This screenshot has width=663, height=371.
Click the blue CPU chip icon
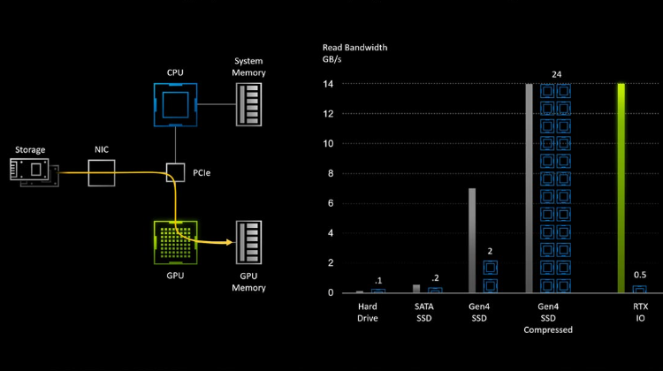click(x=176, y=105)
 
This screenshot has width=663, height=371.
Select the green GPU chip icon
click(x=176, y=243)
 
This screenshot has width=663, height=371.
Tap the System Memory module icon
click(x=248, y=104)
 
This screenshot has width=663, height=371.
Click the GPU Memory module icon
click(x=248, y=242)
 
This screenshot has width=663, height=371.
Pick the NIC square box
click(x=102, y=173)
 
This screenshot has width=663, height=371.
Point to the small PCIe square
click(x=175, y=172)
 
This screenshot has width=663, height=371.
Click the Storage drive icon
click(x=34, y=172)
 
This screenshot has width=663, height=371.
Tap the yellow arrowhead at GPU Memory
click(x=230, y=242)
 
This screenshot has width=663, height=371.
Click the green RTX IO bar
click(x=621, y=188)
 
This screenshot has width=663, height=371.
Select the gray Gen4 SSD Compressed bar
click(x=529, y=188)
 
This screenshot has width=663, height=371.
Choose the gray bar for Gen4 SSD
click(x=472, y=240)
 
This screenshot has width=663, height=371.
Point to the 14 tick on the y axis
click(x=328, y=84)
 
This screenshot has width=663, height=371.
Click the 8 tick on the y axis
click(x=331, y=173)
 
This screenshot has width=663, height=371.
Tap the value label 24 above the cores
click(x=556, y=74)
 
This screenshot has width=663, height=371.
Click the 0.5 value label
click(x=640, y=275)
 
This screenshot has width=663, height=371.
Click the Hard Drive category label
click(x=368, y=313)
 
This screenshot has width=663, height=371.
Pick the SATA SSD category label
click(x=423, y=313)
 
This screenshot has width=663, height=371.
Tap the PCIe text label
click(x=202, y=173)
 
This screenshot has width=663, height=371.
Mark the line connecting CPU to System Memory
click(x=217, y=104)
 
